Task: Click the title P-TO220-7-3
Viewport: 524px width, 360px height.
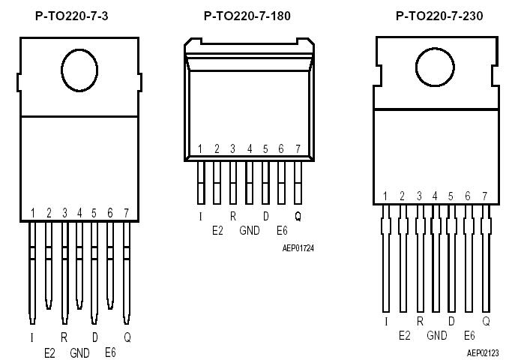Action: click(x=71, y=15)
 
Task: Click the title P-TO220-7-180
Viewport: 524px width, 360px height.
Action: click(x=247, y=15)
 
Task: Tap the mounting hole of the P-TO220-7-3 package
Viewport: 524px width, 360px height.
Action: click(x=79, y=72)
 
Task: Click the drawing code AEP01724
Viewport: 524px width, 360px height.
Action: click(x=298, y=247)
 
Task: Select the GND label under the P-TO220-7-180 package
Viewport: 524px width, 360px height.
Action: click(x=250, y=231)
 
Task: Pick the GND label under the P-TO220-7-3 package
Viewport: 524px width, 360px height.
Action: click(x=79, y=352)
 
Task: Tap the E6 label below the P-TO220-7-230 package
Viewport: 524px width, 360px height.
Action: click(x=469, y=335)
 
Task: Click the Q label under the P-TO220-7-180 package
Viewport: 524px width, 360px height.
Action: click(x=298, y=216)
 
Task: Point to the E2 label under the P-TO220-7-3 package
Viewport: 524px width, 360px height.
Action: click(x=49, y=352)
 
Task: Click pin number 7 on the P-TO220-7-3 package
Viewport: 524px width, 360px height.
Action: click(x=126, y=214)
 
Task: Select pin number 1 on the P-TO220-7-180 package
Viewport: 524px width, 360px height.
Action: click(x=200, y=149)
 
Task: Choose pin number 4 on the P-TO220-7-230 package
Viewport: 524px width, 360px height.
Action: click(x=435, y=196)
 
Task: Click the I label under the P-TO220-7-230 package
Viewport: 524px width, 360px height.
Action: click(x=385, y=321)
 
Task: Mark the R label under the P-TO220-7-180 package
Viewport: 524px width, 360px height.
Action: click(x=232, y=216)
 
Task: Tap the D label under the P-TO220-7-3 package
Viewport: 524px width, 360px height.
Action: click(x=94, y=337)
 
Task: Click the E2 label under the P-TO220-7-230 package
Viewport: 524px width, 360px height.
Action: click(x=404, y=335)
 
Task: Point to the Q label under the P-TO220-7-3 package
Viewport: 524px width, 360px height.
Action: click(x=127, y=337)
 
